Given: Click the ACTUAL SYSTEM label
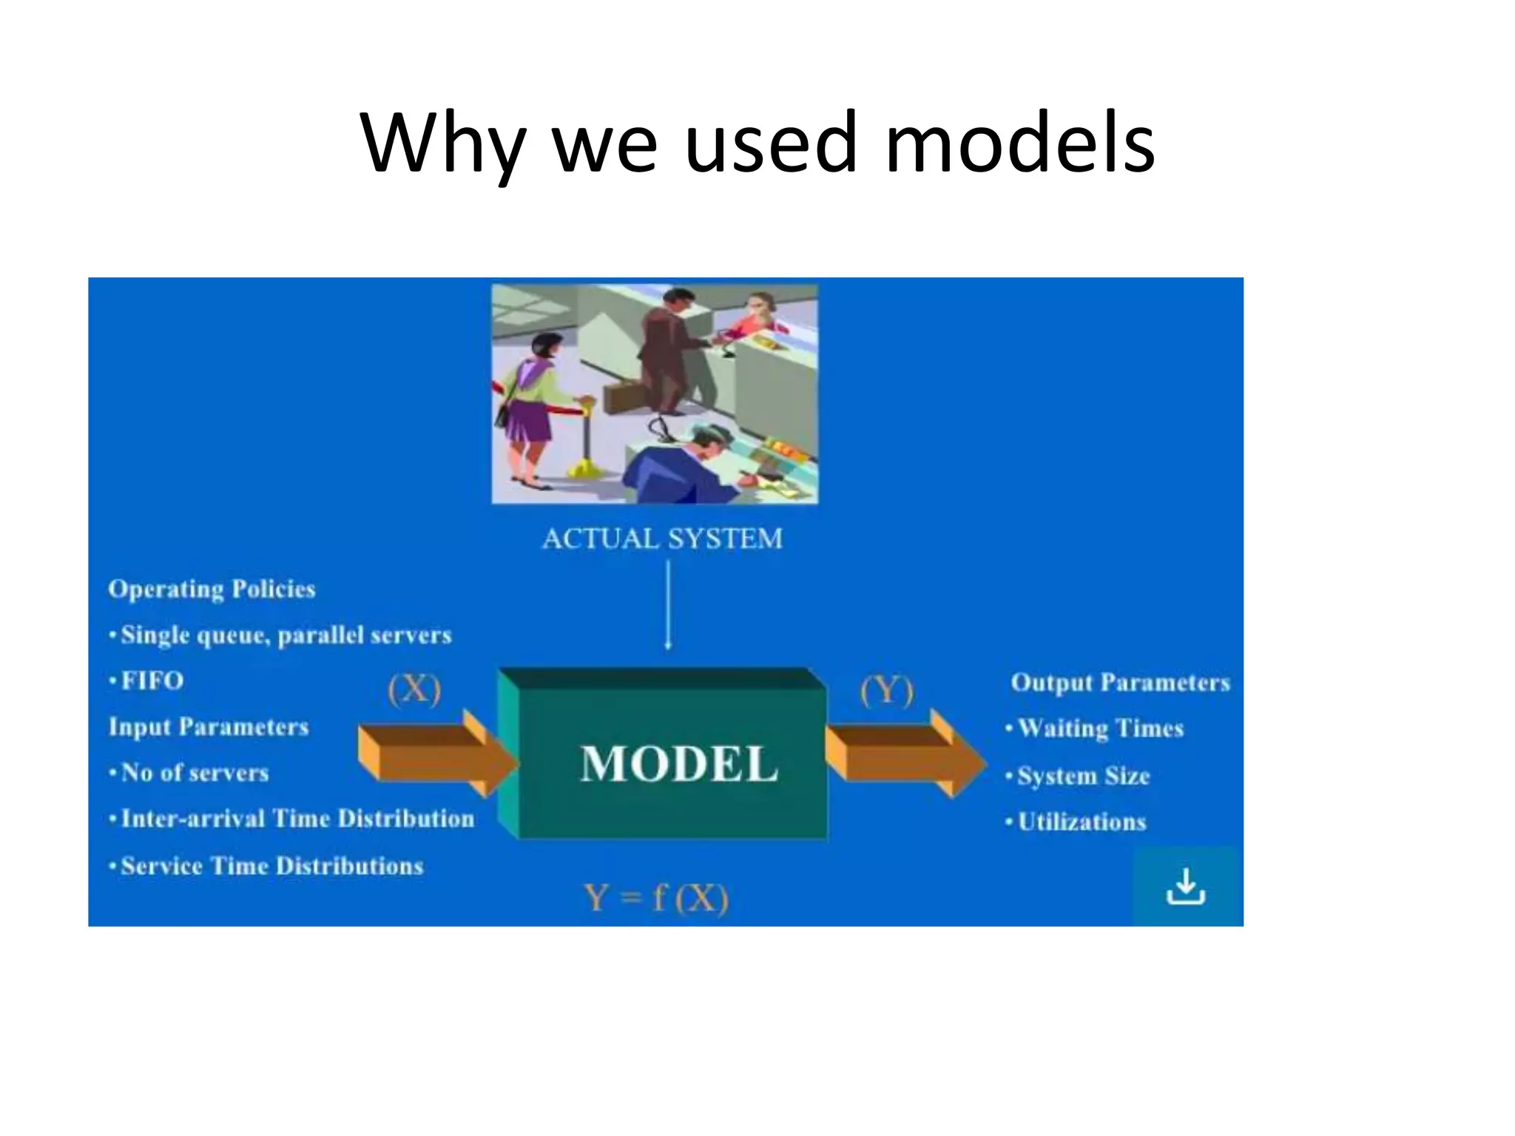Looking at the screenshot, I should point(662,538).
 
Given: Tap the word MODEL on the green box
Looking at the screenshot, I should point(679,764).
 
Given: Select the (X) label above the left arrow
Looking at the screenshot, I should point(414,689).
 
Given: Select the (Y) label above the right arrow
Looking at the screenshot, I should point(887,691).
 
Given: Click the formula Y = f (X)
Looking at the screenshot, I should point(656,898).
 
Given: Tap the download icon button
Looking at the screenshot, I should point(1185,886).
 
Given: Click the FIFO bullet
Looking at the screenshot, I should point(152,680).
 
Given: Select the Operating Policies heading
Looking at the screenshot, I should point(212,589).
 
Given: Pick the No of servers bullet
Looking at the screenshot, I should point(194,773).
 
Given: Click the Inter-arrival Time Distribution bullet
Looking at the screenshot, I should point(296,819).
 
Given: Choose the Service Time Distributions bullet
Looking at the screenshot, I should point(271,866).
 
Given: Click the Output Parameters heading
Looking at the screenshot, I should point(1120,682).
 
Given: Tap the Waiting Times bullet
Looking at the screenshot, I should point(1100,728).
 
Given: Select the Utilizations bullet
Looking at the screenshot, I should point(1082,822).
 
